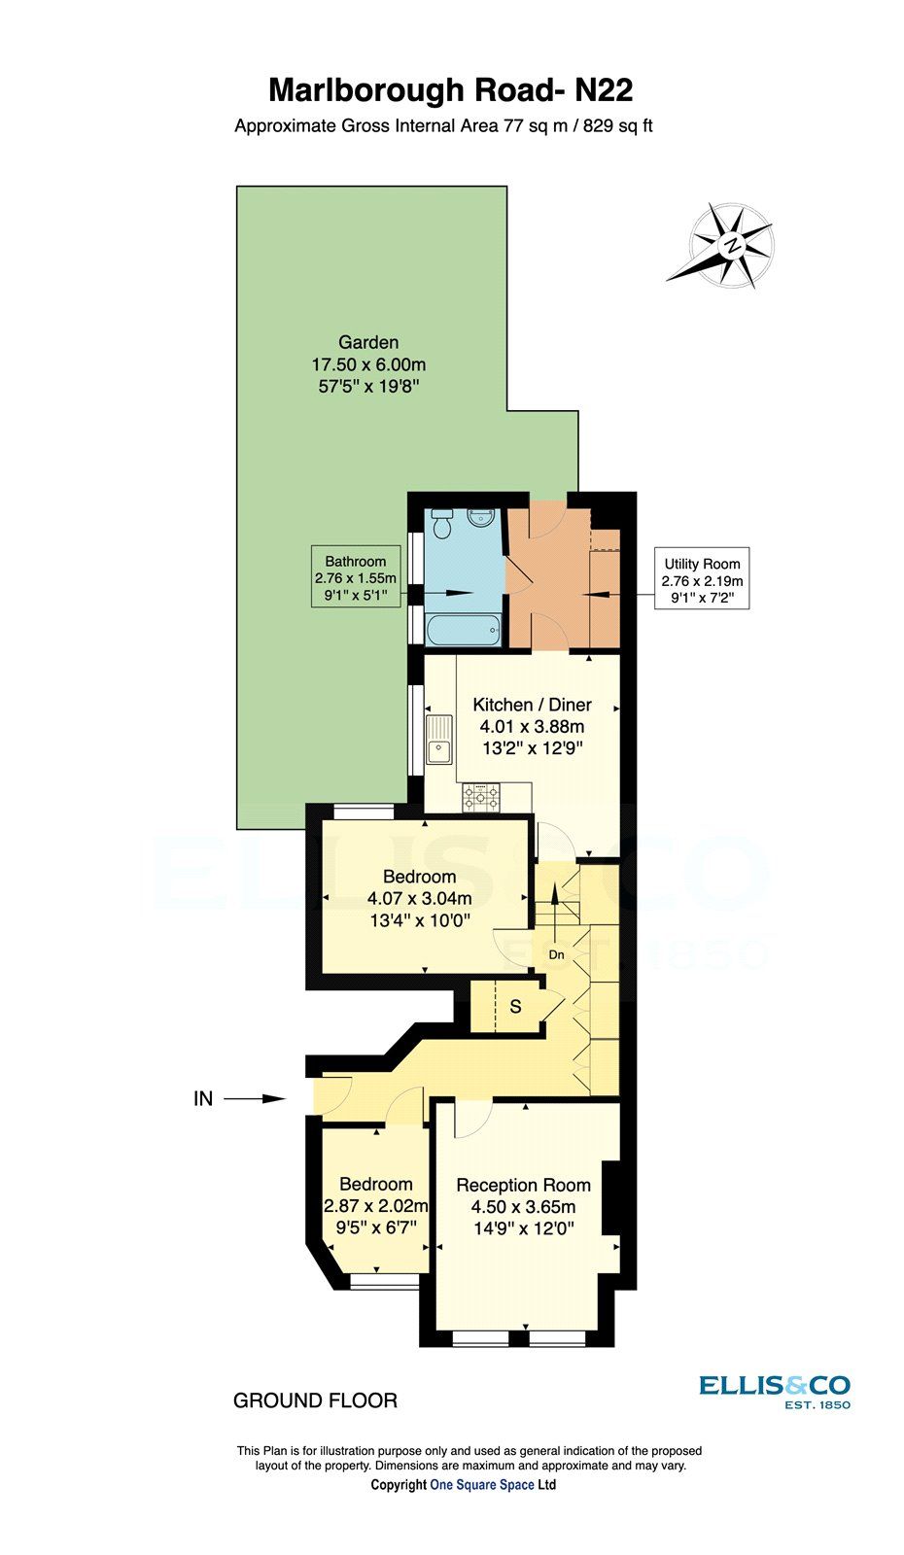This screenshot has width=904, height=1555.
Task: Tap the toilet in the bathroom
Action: point(442,525)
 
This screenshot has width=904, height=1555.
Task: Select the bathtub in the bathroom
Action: point(463,632)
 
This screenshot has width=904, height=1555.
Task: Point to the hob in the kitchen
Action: point(481,798)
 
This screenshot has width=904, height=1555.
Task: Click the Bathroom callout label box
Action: point(356,576)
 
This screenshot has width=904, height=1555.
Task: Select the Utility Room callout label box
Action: point(702,581)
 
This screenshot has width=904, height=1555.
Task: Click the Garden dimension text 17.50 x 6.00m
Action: point(368,365)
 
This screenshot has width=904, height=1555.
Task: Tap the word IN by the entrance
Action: point(203,1099)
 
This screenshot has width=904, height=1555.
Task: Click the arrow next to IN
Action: point(255,1099)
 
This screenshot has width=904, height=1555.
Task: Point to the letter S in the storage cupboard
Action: point(515,1007)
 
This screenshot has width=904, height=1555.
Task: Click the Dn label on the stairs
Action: point(556,955)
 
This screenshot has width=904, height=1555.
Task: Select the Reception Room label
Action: point(523,1185)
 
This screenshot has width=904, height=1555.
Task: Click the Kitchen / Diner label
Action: point(532,705)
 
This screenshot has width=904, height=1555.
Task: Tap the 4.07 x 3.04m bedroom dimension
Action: point(420,899)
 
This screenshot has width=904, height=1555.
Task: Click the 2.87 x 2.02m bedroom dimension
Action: point(375,1206)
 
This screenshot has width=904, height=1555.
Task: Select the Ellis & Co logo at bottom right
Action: point(774,1391)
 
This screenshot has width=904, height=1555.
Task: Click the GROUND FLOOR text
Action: point(315,1400)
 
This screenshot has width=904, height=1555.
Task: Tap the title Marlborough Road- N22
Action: point(451,90)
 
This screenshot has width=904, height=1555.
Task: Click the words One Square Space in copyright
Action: point(482,1485)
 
